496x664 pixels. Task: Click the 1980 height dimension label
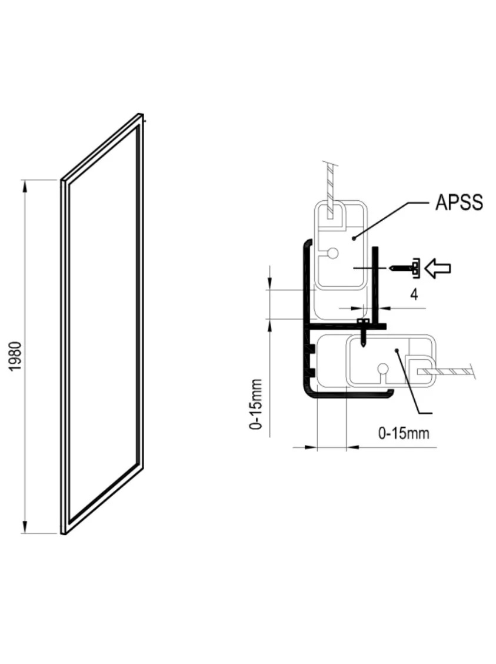click(15, 356)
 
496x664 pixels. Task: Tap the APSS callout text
click(459, 202)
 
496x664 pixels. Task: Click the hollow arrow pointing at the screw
click(438, 268)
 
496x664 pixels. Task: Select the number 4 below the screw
click(414, 294)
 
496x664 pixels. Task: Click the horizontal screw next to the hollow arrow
click(405, 268)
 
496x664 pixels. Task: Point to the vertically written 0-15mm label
click(256, 404)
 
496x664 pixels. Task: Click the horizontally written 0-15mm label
click(403, 433)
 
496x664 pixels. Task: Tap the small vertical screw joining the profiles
click(363, 333)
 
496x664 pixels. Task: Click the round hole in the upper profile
click(332, 254)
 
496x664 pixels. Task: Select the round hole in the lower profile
click(384, 368)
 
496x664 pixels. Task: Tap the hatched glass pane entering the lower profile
click(446, 372)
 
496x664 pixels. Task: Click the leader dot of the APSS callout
click(354, 238)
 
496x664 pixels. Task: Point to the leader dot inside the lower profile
click(397, 351)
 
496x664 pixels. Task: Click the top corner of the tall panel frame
click(140, 114)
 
